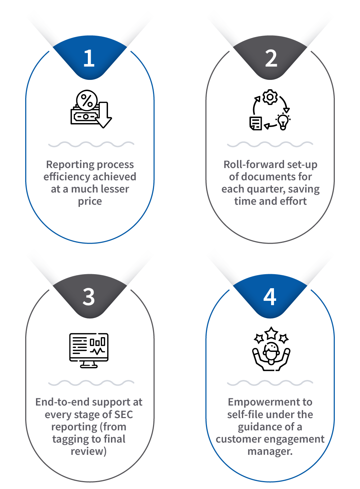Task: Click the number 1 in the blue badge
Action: [89, 58]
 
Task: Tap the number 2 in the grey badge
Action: [271, 58]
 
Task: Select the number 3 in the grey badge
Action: [89, 297]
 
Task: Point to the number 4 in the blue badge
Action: [270, 296]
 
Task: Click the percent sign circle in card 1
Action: [87, 100]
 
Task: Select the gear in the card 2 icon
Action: [270, 97]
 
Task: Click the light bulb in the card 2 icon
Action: [283, 122]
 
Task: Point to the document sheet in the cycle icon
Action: [256, 123]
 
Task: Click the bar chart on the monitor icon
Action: [98, 342]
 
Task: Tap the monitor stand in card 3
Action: [89, 365]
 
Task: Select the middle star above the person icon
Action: [271, 333]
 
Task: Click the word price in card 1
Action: [90, 202]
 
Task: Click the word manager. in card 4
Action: [270, 452]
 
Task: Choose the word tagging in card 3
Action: [69, 439]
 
